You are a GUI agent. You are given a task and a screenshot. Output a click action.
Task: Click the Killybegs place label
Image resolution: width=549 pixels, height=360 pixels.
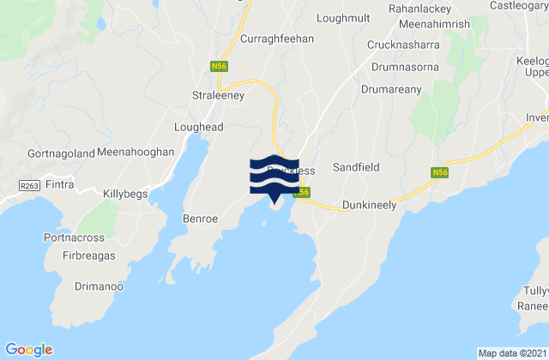point(126,195)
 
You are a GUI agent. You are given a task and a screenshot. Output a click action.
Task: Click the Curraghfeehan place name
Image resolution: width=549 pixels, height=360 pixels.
point(277,39)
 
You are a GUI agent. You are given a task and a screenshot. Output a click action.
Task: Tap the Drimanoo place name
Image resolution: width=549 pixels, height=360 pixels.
point(100,290)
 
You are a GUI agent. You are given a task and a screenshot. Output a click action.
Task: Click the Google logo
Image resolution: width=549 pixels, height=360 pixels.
point(29,349)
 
